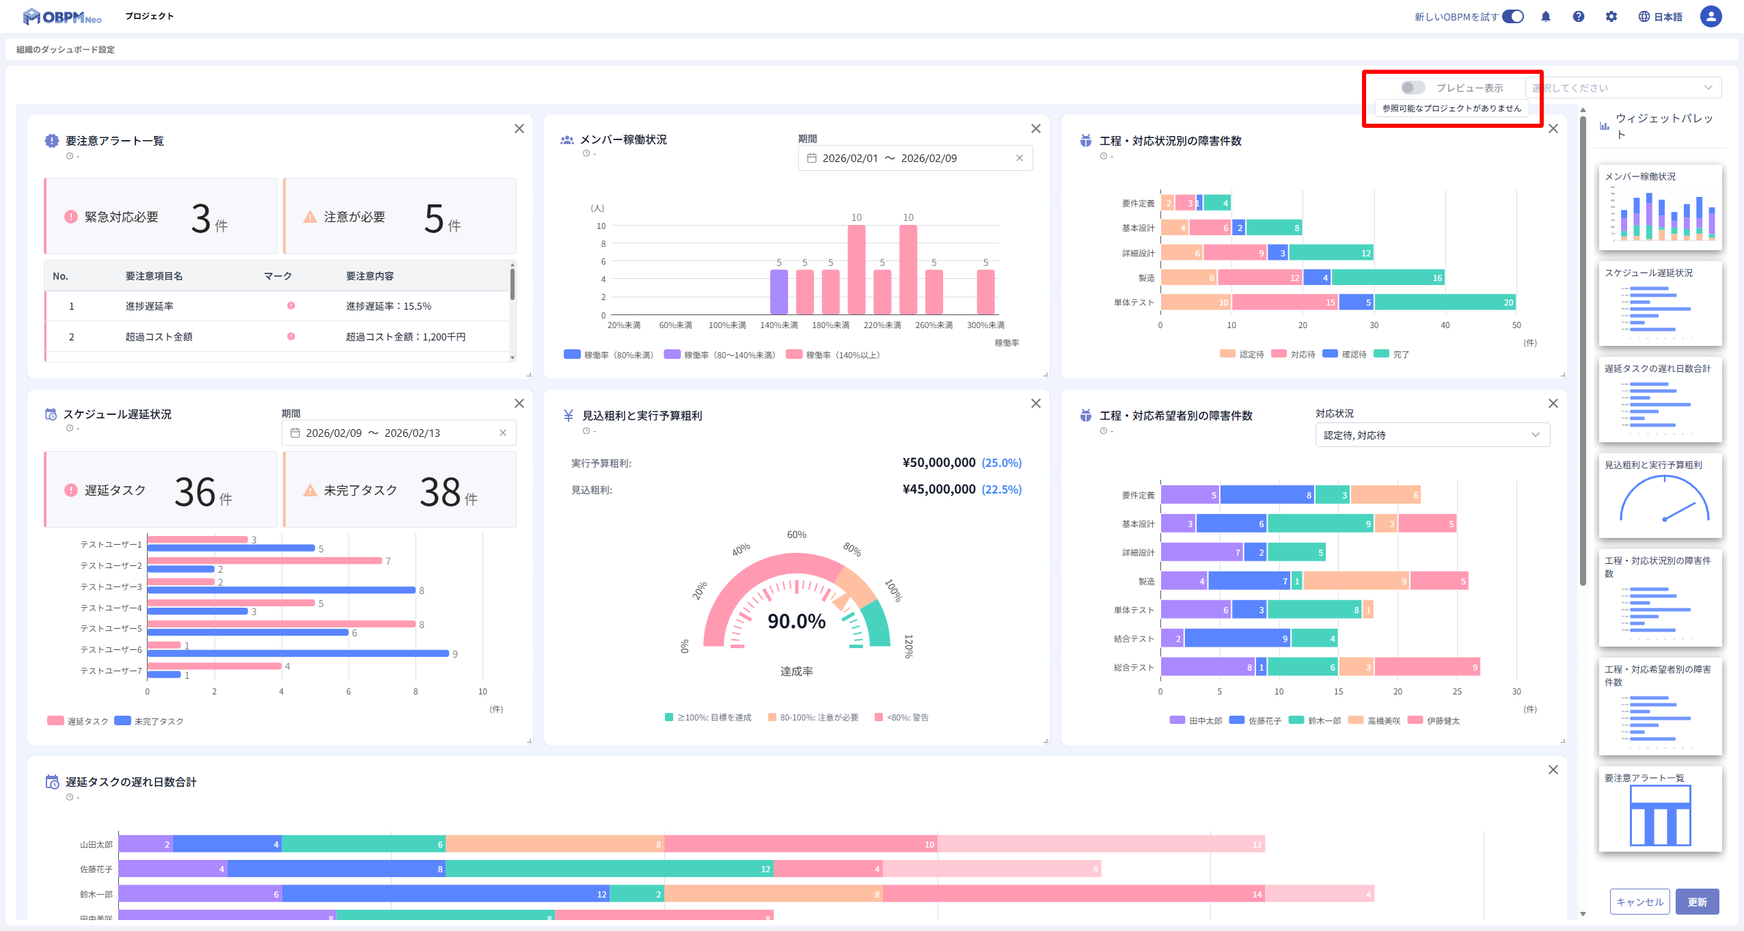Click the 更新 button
pos(1697,902)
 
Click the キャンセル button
pos(1639,902)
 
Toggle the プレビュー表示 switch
pos(1413,87)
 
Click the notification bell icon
pos(1546,16)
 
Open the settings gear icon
pos(1611,16)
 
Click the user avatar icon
pos(1711,16)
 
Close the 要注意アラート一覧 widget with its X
pos(519,129)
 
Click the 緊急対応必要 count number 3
pos(201,218)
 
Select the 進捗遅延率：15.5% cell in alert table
pos(388,306)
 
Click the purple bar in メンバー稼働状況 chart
pos(778,292)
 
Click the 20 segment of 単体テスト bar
pos(1445,302)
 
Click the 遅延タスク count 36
pos(195,491)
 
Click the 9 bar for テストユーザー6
pos(298,653)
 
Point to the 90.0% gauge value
pos(796,621)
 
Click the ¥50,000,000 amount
pos(939,463)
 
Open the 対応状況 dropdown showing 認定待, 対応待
pos(1432,435)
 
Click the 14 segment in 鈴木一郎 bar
pos(1073,894)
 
